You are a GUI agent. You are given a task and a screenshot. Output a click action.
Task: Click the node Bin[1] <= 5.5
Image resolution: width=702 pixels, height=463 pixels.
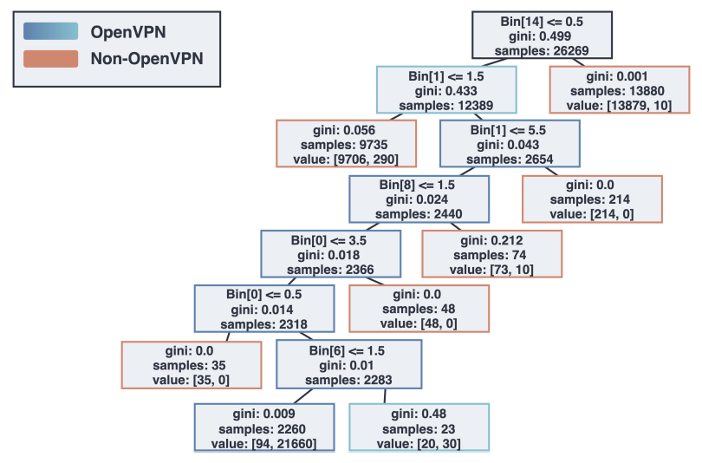[509, 144]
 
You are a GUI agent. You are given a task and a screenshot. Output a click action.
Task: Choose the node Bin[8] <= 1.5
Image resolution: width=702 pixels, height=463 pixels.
[419, 199]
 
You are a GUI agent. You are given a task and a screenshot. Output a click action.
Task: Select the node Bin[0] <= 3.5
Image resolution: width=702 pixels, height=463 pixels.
[330, 254]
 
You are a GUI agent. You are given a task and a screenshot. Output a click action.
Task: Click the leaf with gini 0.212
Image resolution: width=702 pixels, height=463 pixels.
[491, 254]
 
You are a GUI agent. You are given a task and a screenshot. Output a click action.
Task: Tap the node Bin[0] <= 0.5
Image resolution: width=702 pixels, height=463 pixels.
[263, 309]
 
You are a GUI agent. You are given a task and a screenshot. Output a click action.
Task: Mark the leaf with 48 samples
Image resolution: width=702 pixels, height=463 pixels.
[419, 309]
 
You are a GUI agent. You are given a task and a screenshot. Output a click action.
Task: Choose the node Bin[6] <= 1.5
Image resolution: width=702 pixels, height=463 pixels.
[348, 364]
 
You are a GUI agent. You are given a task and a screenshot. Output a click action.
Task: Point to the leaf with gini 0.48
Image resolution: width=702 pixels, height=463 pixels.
[419, 427]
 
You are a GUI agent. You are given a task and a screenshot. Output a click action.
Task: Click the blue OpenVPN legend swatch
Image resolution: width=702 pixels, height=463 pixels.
[51, 32]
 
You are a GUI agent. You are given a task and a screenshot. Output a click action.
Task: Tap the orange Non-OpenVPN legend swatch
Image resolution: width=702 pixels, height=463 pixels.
[51, 59]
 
